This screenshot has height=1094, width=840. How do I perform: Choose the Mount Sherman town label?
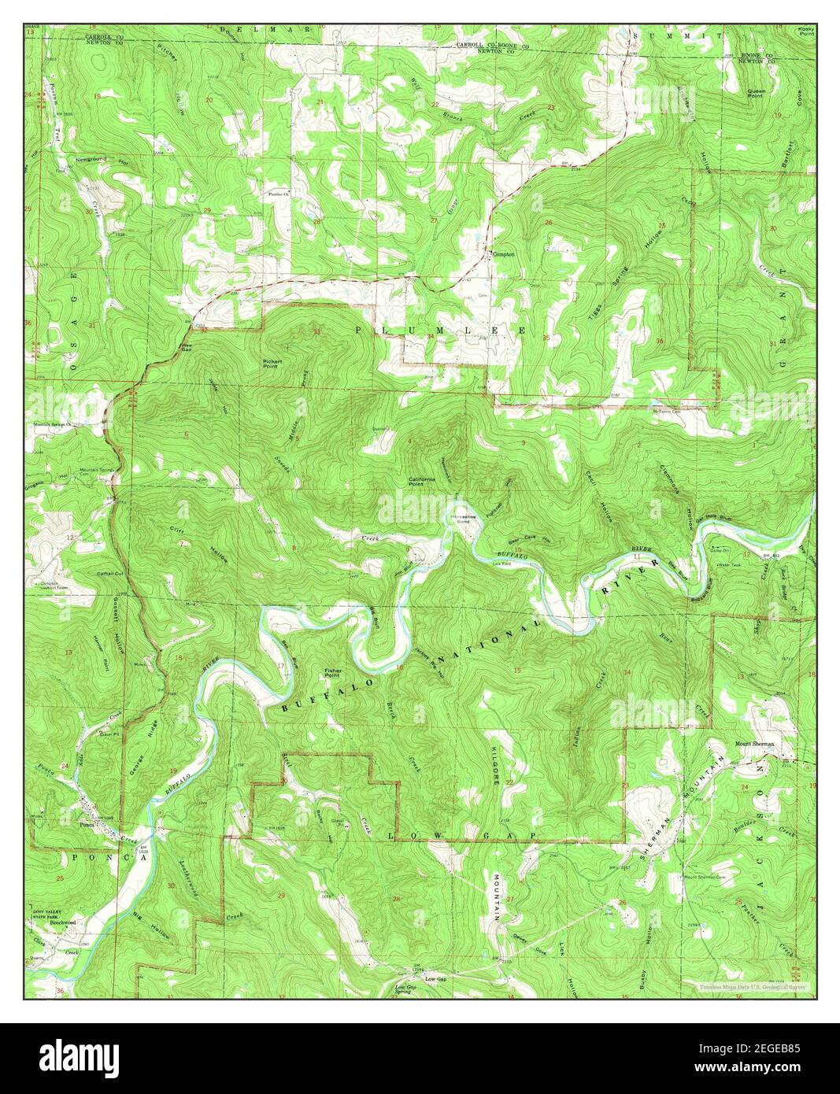754,744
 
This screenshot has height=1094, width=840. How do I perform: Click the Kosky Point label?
805,31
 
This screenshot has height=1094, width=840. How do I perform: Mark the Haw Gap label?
187,346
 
